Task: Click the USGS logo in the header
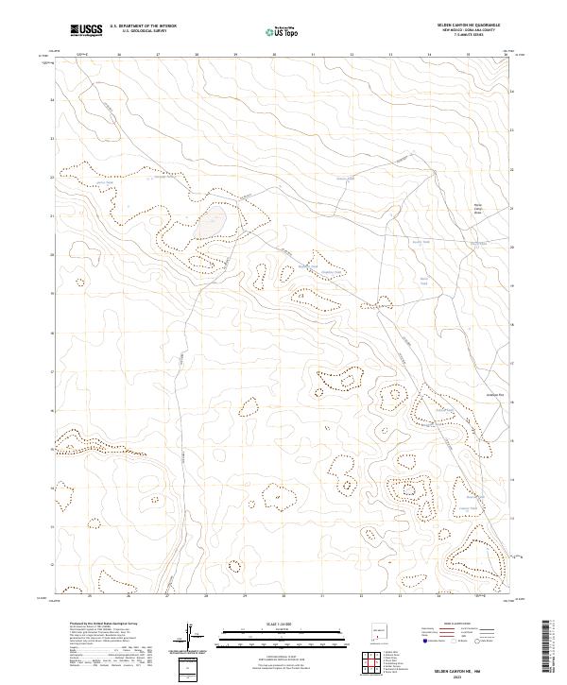click(86, 29)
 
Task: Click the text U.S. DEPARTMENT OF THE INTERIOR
click(143, 26)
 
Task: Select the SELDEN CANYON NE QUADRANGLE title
click(474, 26)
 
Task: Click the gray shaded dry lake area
click(213, 222)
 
